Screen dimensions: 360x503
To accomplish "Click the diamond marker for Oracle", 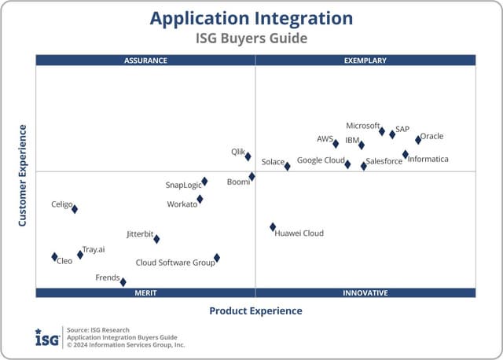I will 418,140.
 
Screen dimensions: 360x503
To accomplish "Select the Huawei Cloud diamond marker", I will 273,227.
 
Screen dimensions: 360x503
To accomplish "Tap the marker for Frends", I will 123,281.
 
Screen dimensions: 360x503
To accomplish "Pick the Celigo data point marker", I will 75,209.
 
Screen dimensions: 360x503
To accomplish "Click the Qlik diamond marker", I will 248,156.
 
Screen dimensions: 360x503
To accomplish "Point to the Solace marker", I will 287,166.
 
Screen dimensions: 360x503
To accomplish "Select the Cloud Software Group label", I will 175,263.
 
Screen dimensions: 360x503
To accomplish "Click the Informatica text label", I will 428,160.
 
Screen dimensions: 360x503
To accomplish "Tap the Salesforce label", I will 384,162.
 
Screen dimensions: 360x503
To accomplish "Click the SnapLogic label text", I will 183,186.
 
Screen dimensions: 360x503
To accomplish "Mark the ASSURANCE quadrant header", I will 145,60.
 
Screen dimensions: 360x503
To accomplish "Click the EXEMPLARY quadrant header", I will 365,60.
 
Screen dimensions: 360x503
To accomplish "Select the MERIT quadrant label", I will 145,293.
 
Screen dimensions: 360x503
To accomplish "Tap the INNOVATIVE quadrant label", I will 365,293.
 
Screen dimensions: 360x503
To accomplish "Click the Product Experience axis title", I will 255,311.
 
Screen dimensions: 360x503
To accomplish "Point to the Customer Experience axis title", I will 23,176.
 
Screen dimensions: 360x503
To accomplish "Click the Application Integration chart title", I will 251,18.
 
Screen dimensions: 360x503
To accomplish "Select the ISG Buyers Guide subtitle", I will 251,38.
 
